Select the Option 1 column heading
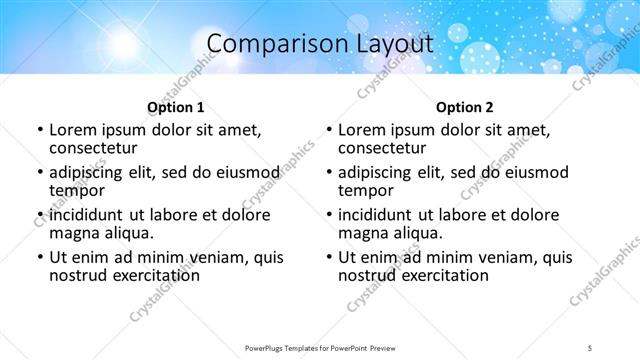click(x=175, y=106)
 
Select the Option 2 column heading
click(x=465, y=106)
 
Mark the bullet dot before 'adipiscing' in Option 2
click(x=329, y=172)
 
